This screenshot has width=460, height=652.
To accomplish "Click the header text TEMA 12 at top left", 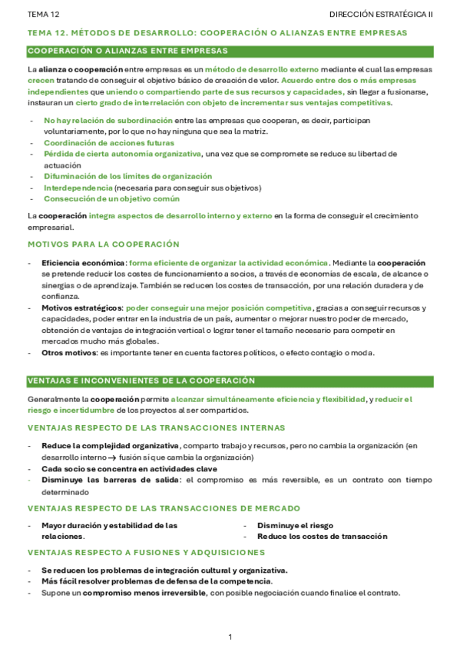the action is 42,15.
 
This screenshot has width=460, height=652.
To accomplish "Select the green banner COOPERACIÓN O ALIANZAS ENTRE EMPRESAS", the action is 127,51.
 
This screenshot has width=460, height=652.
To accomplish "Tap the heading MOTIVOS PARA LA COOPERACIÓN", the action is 103,244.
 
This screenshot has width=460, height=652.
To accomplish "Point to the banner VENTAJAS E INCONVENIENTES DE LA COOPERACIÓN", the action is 141,381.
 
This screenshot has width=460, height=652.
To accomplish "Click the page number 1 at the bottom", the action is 230,637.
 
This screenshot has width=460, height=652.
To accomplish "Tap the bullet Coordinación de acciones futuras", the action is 108,142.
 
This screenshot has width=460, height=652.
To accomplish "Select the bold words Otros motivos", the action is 69,353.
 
